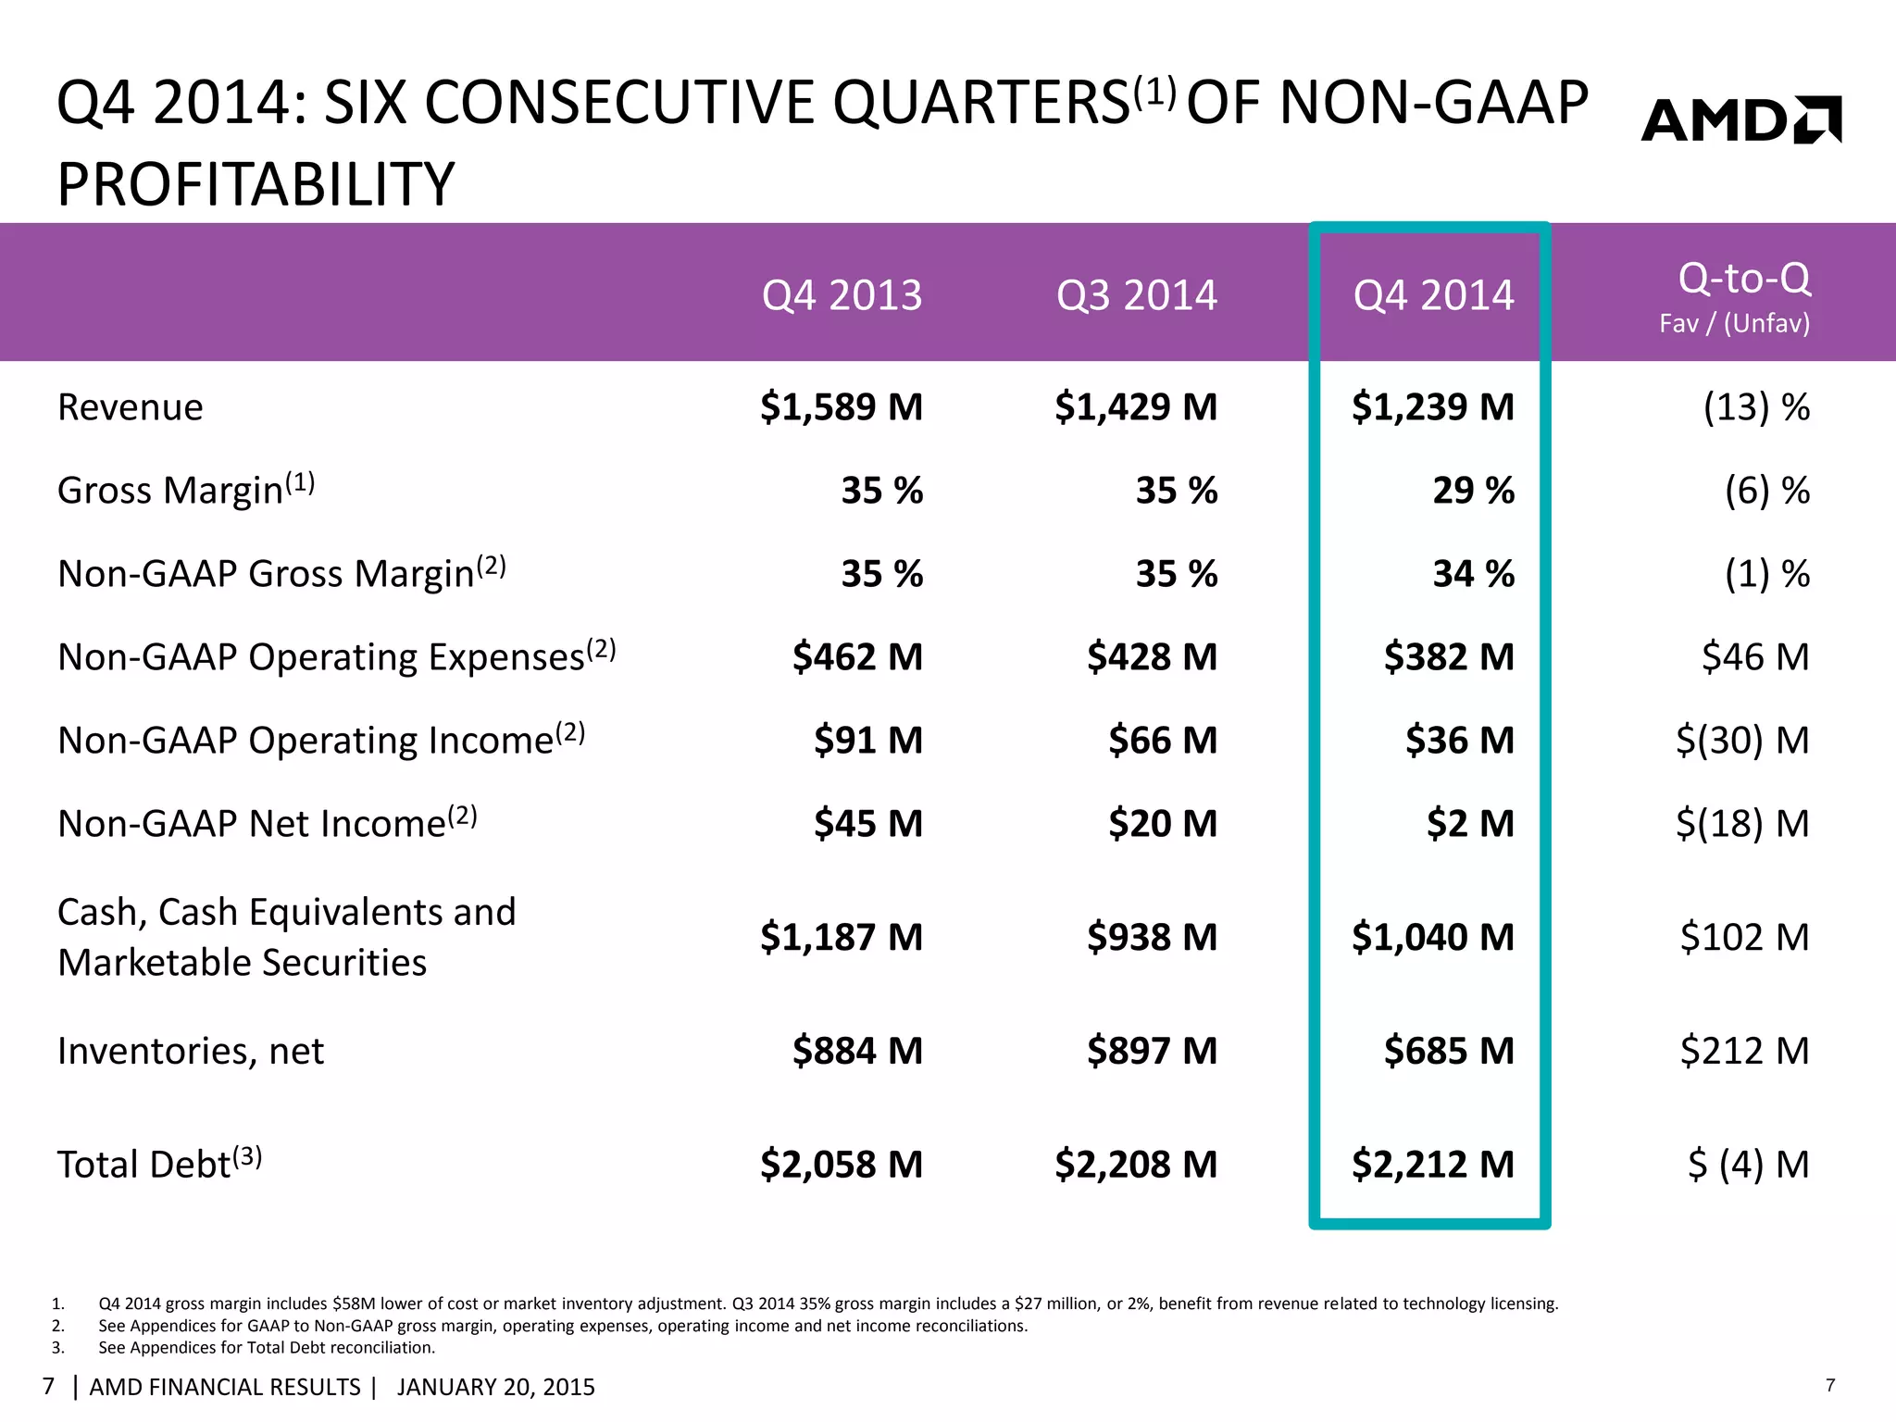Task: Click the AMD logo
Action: pyautogui.click(x=1740, y=120)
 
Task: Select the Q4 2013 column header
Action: pyautogui.click(x=842, y=295)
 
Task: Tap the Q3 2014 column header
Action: pyautogui.click(x=1136, y=295)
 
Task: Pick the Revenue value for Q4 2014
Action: pyautogui.click(x=1432, y=407)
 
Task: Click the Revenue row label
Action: pyautogui.click(x=131, y=407)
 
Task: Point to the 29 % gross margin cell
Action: pyautogui.click(x=1473, y=491)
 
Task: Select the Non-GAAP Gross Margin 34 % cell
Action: pyautogui.click(x=1473, y=574)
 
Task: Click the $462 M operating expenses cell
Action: pyautogui.click(x=857, y=657)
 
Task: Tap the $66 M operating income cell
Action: pyautogui.click(x=1163, y=741)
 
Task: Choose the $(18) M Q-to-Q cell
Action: pyautogui.click(x=1742, y=824)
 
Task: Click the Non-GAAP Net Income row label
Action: pyautogui.click(x=267, y=822)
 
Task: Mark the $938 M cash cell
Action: pyautogui.click(x=1152, y=937)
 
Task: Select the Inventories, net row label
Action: pyautogui.click(x=191, y=1051)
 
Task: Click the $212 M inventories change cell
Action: pyautogui.click(x=1744, y=1051)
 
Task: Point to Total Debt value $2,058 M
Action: pyautogui.click(x=842, y=1165)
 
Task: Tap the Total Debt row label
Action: pyautogui.click(x=159, y=1164)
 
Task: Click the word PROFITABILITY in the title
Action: pyautogui.click(x=256, y=183)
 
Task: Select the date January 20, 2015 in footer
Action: pyautogui.click(x=495, y=1387)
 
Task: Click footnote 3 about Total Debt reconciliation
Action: pyautogui.click(x=267, y=1348)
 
